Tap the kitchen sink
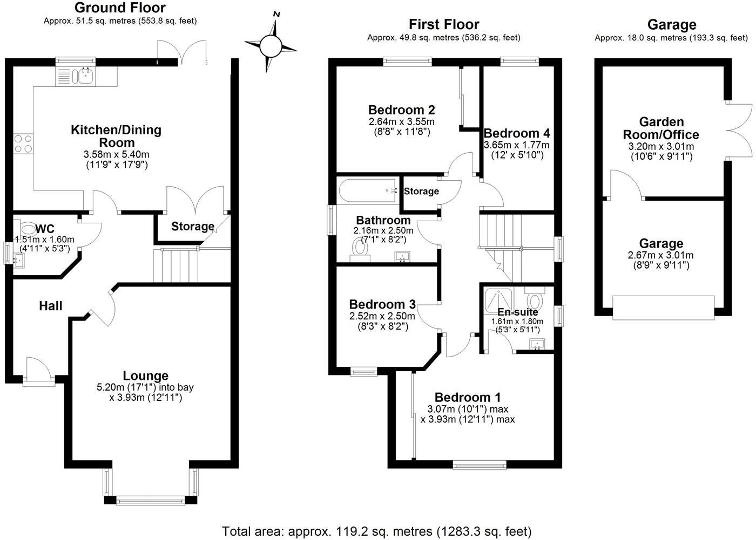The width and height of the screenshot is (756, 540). pos(84,76)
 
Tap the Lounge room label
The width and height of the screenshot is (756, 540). pos(145,376)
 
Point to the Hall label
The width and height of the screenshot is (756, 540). pos(51,306)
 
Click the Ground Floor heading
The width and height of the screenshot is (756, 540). pos(120,8)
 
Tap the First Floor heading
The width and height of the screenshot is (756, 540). pos(444,24)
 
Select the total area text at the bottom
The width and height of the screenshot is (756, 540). pos(377,531)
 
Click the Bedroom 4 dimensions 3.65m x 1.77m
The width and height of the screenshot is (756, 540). pos(517,145)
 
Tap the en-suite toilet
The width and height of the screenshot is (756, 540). pos(535,299)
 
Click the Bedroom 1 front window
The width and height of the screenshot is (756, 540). pos(479,464)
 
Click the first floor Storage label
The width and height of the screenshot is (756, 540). pos(421,191)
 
